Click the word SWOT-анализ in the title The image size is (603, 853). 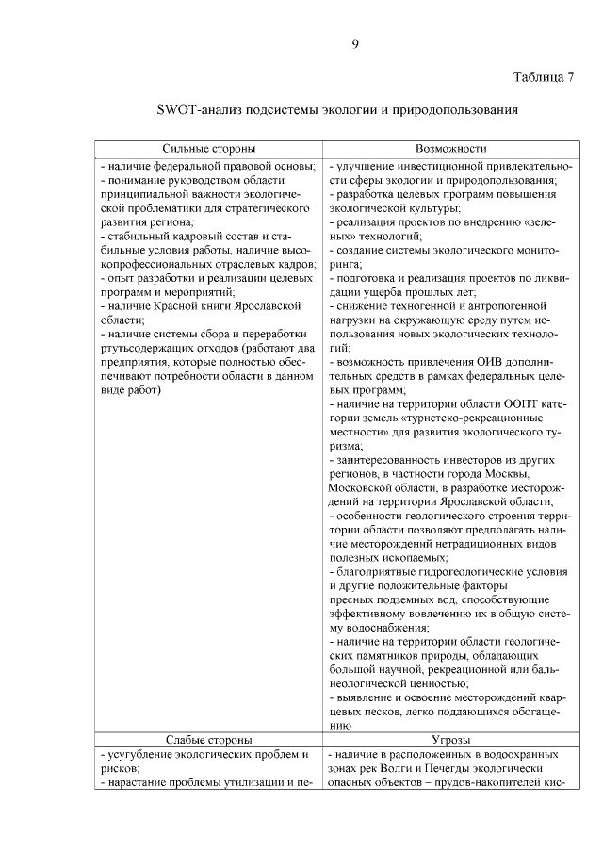pos(196,110)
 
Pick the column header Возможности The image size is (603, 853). pos(450,149)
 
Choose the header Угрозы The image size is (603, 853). pos(450,741)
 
